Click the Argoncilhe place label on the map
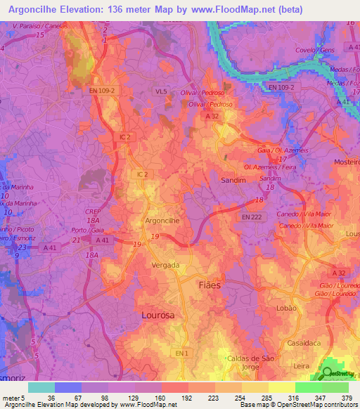163,220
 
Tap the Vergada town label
167,265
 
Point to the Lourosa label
158,316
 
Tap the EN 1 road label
182,351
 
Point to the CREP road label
94,212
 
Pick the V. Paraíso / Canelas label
34,25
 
